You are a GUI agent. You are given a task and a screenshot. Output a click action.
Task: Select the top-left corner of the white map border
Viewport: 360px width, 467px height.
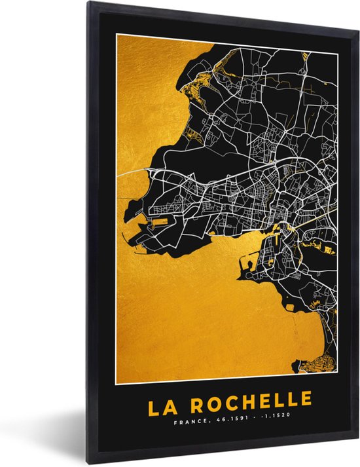117,34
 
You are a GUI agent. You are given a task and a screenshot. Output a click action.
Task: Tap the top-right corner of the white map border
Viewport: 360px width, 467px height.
336,34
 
